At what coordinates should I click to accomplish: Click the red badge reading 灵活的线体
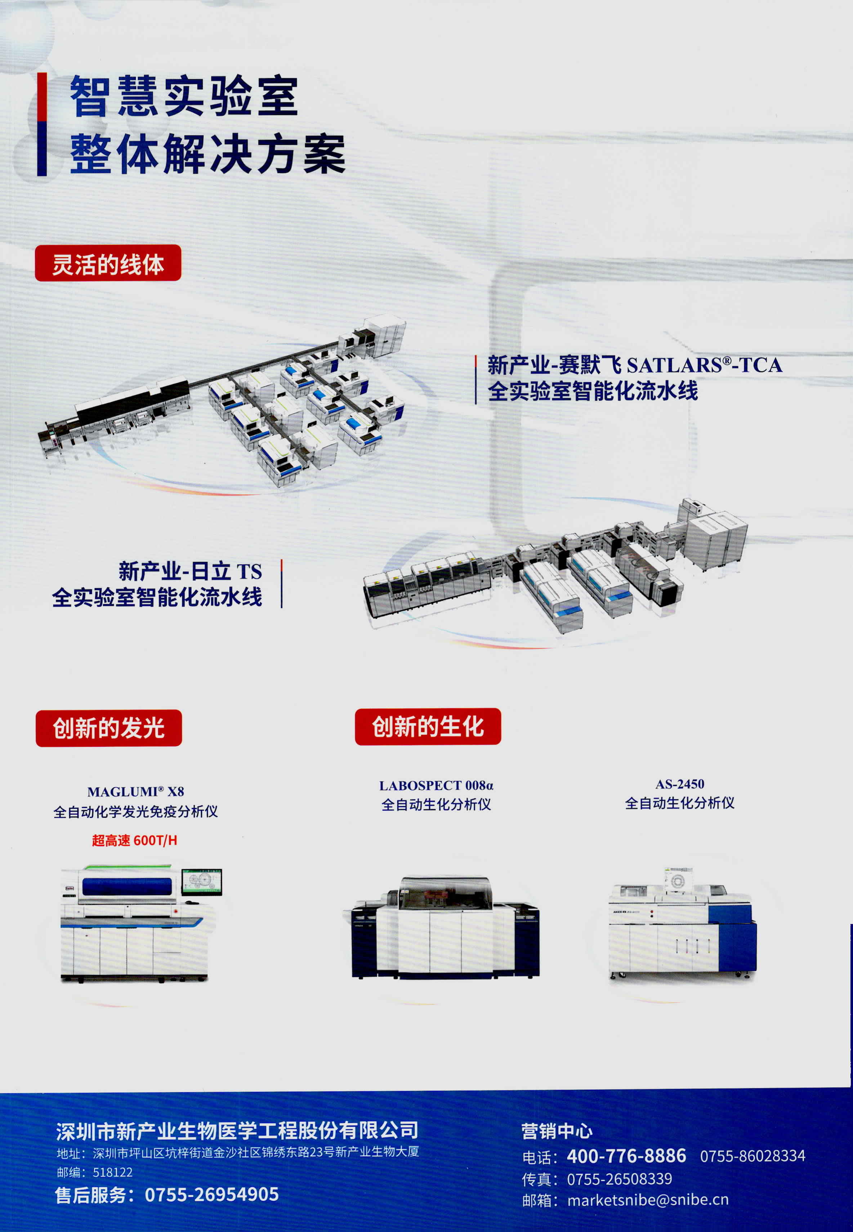click(x=108, y=263)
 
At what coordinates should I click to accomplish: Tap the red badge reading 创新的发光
click(x=109, y=728)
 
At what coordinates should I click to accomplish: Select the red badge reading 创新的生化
click(x=428, y=726)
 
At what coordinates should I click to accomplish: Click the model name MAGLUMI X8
click(x=136, y=791)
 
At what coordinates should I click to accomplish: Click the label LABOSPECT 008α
click(x=436, y=786)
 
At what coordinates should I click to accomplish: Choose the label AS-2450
click(x=680, y=784)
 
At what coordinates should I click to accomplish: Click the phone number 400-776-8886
click(x=626, y=1156)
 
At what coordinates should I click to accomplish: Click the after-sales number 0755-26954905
click(x=212, y=1194)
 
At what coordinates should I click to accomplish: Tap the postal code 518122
click(x=113, y=1172)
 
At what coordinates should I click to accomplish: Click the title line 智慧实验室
click(x=184, y=96)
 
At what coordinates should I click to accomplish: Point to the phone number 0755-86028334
click(x=752, y=1156)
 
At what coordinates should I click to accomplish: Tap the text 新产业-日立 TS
click(x=190, y=571)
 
